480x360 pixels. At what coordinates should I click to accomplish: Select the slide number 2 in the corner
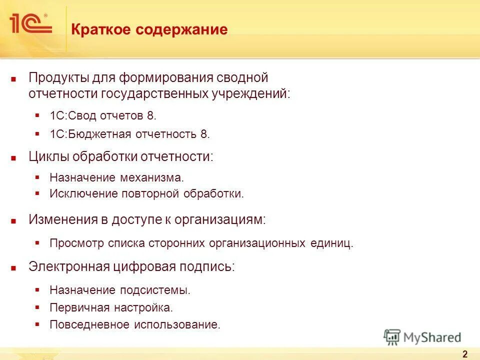[x=465, y=354]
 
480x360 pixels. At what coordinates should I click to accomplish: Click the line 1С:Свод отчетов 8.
[x=103, y=115]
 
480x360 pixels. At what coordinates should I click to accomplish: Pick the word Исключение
[x=83, y=194]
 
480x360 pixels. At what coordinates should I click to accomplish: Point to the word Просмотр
[x=76, y=243]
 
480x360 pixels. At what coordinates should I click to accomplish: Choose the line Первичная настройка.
[x=111, y=307]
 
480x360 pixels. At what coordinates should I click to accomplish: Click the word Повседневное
[x=89, y=324]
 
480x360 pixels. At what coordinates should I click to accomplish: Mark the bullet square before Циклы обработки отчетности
[x=14, y=157]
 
